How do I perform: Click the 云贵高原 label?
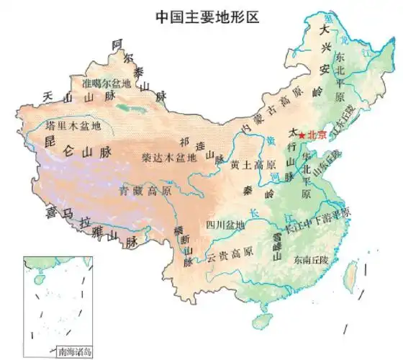(230, 254)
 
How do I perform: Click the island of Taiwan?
(352, 274)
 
